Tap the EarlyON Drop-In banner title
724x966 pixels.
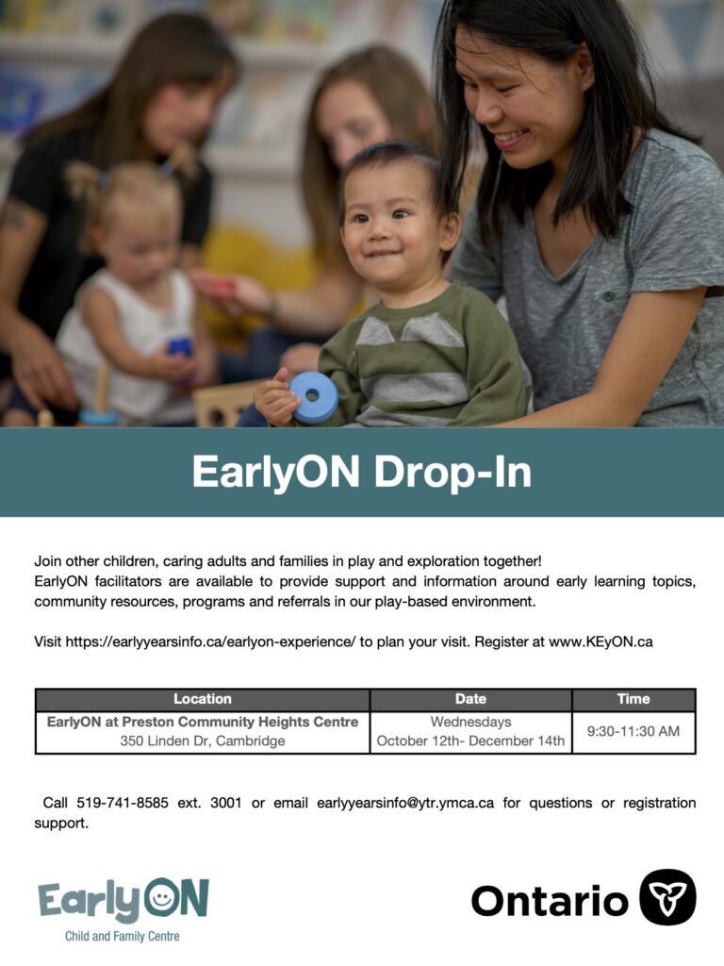[x=361, y=473]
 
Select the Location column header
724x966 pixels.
[x=203, y=699]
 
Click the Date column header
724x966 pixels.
[x=470, y=699]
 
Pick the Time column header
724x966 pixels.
[x=633, y=699]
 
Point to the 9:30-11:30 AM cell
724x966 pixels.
[x=633, y=731]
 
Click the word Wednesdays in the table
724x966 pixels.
[x=470, y=722]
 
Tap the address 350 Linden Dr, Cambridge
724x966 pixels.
[x=203, y=741]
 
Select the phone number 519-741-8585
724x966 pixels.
[x=122, y=803]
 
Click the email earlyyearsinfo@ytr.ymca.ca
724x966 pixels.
[x=405, y=803]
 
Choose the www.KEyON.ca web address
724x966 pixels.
[x=601, y=641]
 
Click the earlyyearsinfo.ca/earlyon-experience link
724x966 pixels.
[x=210, y=641]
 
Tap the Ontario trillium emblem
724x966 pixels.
[x=667, y=897]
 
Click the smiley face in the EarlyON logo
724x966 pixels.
[x=160, y=898]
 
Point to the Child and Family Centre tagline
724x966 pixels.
[x=122, y=937]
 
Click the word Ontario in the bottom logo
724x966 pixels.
[x=550, y=901]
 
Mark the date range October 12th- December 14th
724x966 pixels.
[x=470, y=741]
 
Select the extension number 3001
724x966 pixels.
[x=226, y=803]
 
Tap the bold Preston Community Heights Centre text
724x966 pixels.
[x=239, y=722]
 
